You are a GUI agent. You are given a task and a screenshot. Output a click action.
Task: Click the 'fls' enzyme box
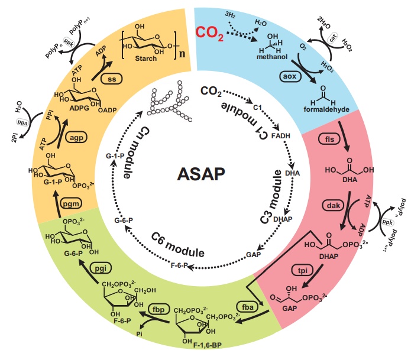(329, 140)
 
